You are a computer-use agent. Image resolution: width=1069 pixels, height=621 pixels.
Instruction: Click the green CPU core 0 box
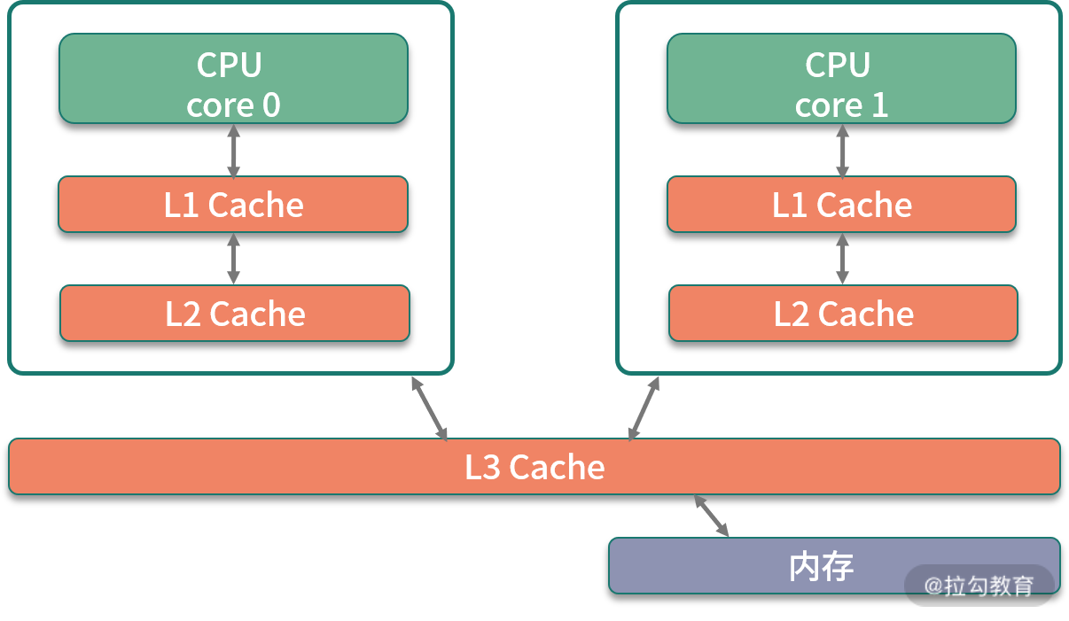click(233, 78)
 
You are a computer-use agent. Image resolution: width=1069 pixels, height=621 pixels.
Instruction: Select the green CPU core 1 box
click(841, 78)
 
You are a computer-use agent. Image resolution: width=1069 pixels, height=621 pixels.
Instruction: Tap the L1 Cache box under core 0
click(233, 205)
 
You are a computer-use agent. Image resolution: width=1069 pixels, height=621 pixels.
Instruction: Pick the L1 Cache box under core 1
click(841, 205)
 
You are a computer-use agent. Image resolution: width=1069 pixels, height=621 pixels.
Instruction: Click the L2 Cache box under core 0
click(235, 314)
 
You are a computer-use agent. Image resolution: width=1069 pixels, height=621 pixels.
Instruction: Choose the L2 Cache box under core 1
click(843, 314)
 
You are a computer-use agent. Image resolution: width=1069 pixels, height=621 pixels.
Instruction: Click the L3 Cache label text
click(534, 467)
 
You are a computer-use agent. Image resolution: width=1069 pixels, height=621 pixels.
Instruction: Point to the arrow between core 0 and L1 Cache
click(233, 150)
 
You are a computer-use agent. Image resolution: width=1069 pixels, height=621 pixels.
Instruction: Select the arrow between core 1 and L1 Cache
click(842, 150)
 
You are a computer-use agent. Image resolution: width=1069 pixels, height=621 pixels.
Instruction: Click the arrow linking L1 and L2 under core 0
click(233, 259)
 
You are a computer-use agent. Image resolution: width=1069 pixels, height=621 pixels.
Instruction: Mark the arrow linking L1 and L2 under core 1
click(842, 259)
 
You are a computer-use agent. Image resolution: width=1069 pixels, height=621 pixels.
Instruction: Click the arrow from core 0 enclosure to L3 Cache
click(429, 408)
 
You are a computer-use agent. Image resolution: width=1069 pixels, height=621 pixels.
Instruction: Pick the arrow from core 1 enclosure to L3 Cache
click(644, 408)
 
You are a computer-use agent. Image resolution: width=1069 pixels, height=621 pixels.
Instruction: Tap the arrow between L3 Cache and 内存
click(712, 516)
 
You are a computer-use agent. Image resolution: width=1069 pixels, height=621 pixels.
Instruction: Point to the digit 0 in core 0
click(271, 105)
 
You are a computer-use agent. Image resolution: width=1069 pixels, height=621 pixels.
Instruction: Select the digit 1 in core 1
click(879, 105)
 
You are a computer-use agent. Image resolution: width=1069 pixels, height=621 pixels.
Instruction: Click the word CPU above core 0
click(230, 65)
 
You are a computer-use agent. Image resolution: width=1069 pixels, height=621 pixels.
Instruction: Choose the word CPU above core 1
click(838, 65)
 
